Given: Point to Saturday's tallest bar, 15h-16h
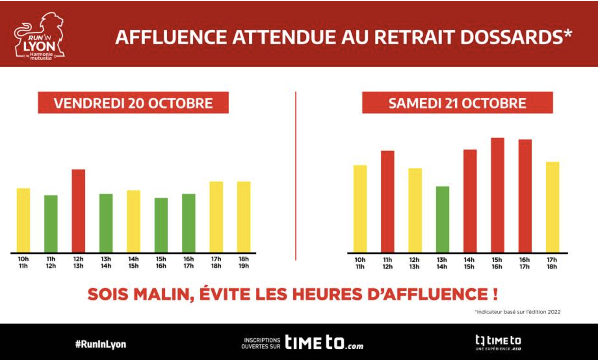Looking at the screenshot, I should [x=497, y=195].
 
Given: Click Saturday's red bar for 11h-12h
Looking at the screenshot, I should [x=387, y=201].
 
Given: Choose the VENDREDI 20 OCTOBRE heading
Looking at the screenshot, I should [x=133, y=103].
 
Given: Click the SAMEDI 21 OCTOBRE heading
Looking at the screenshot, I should [x=457, y=103].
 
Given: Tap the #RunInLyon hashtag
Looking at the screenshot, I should [x=101, y=344].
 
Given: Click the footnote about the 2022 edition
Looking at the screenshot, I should [x=518, y=312].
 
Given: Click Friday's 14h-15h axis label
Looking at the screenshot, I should [x=134, y=263].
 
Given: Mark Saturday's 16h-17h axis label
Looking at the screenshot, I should [x=525, y=263].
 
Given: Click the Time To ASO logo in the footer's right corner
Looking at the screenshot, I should [x=498, y=343].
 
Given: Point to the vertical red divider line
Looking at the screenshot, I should [x=296, y=175].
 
